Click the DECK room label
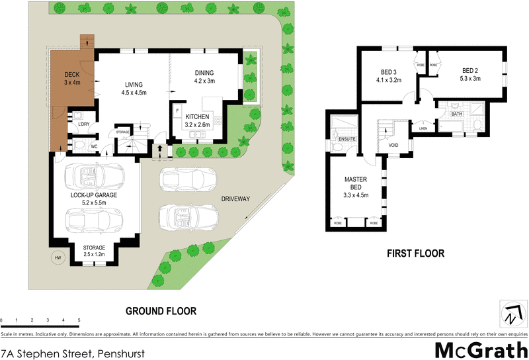tap(71, 79)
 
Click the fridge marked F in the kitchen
tap(177, 110)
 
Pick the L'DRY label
tap(84, 124)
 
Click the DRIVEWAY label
tap(236, 199)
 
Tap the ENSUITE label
tap(347, 140)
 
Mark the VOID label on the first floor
tap(393, 144)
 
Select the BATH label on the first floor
tap(456, 114)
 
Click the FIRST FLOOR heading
tap(416, 253)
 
